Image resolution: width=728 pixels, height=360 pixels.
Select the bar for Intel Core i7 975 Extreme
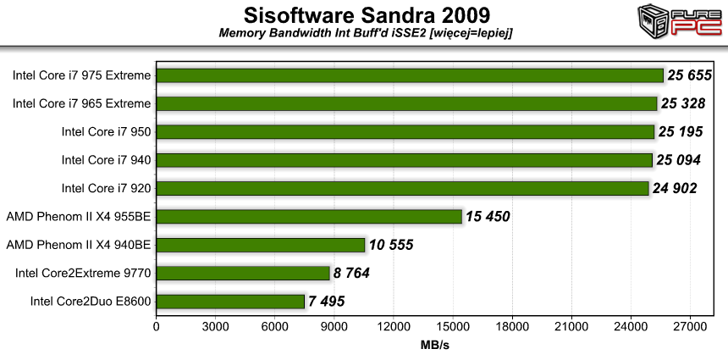click(410, 75)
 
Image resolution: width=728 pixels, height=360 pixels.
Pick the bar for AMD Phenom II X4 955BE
click(309, 217)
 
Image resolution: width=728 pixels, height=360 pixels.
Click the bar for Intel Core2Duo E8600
click(230, 302)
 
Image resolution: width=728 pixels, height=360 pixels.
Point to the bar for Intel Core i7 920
click(402, 188)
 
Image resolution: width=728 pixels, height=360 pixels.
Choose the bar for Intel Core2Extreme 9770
click(243, 273)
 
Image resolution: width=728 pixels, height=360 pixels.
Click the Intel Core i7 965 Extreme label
click(82, 103)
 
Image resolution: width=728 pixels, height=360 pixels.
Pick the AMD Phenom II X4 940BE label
click(79, 245)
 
